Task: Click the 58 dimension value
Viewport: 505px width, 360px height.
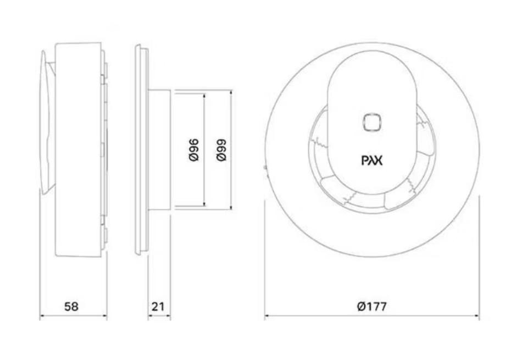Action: coord(71,306)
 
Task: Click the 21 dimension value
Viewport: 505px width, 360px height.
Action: coord(158,306)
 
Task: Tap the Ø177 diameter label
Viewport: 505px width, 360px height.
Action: coord(371,306)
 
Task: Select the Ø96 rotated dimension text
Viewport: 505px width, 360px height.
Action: coord(194,149)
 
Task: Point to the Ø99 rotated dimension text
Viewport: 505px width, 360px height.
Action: coord(221,149)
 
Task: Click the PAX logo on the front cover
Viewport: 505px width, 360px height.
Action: coord(372,160)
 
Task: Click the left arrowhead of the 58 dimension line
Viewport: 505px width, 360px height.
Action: coord(42,315)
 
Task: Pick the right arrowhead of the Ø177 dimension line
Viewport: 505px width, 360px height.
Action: coord(477,315)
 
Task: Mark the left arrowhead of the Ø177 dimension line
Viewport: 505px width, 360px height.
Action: coord(267,315)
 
